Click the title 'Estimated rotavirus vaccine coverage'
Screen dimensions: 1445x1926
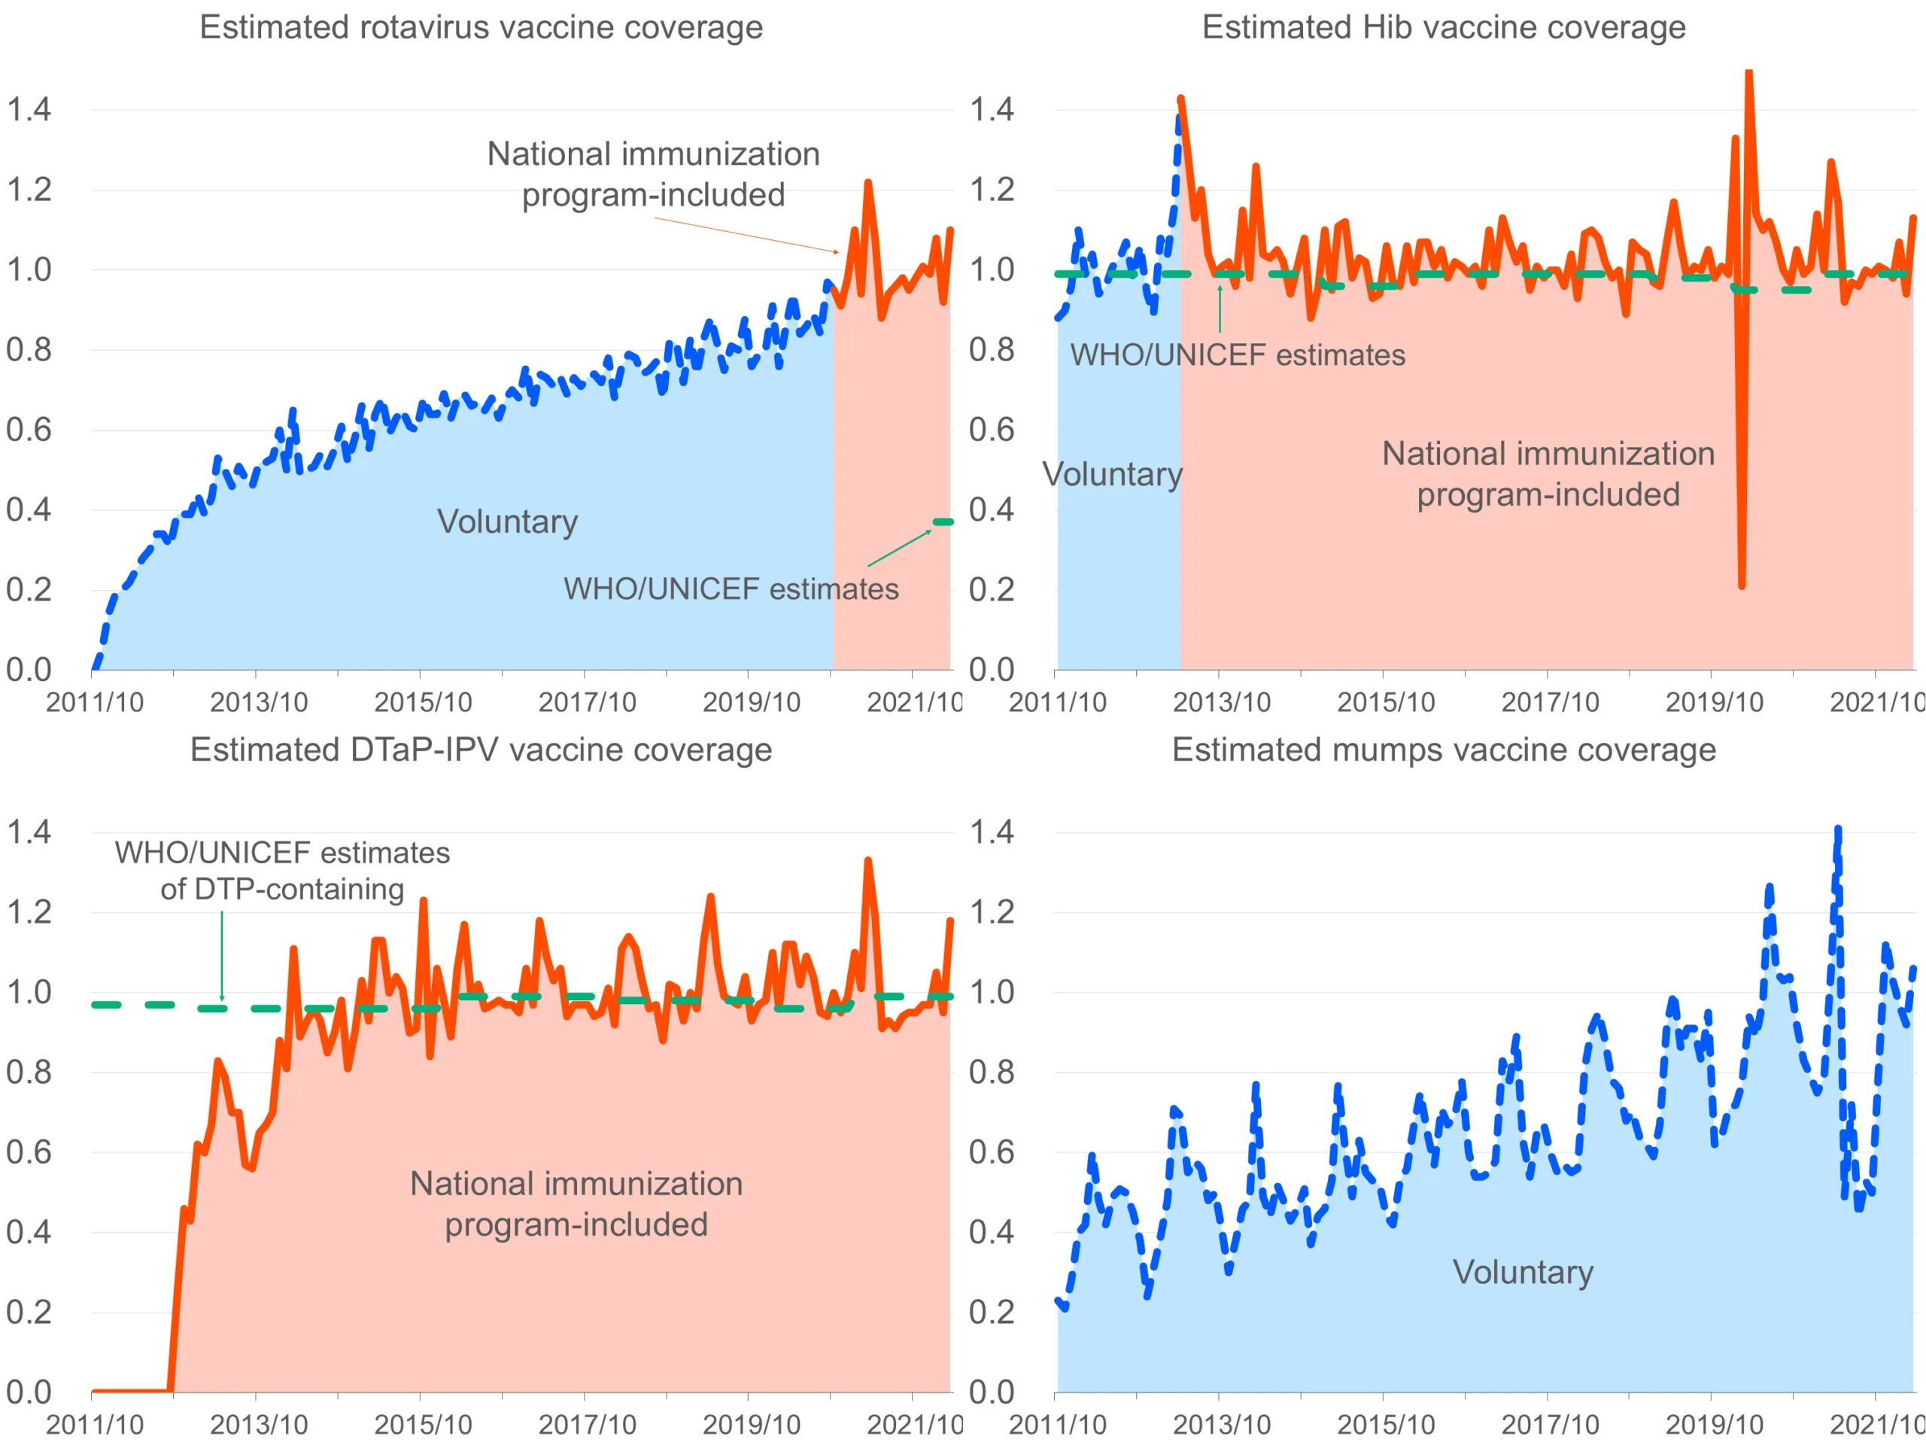(x=481, y=27)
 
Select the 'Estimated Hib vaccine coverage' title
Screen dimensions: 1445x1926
(x=1443, y=27)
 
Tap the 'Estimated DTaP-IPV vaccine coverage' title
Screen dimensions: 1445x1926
(x=481, y=749)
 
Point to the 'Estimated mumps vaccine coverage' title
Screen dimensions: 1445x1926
(x=1443, y=749)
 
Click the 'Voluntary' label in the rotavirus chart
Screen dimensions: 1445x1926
(x=507, y=521)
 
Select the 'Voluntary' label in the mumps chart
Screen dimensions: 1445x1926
(x=1523, y=1272)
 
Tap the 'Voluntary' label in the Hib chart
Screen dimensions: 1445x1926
(x=1112, y=474)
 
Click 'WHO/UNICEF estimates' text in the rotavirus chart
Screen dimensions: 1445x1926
(x=731, y=589)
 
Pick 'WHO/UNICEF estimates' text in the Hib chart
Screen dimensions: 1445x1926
(x=1238, y=354)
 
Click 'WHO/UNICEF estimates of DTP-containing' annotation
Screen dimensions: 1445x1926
(x=282, y=870)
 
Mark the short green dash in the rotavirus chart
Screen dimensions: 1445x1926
(x=942, y=522)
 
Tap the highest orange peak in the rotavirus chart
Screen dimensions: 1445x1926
(x=868, y=183)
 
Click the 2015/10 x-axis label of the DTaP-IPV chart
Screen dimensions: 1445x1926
(x=422, y=1424)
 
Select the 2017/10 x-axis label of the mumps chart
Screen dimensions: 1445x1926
(x=1550, y=1424)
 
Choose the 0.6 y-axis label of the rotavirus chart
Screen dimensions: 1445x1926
(x=29, y=430)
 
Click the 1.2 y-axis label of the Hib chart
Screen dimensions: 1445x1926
(x=992, y=189)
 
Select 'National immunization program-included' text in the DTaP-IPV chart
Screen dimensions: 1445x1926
(x=576, y=1203)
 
